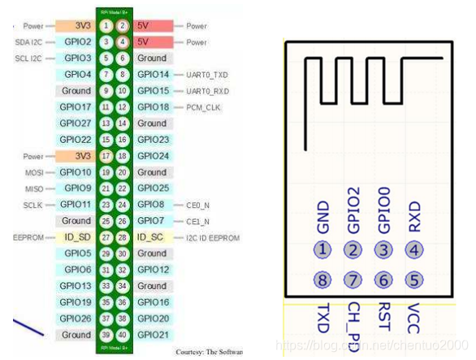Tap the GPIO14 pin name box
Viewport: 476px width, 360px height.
(x=153, y=75)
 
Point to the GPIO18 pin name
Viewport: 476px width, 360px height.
(x=153, y=107)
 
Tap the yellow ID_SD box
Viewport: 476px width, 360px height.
(x=77, y=237)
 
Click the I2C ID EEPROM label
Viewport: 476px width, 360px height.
(x=213, y=237)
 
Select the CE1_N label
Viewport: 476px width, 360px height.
(x=197, y=221)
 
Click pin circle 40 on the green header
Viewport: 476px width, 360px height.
(x=122, y=335)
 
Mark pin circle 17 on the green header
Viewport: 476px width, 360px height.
(x=106, y=156)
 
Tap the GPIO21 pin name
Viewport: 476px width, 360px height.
(x=153, y=335)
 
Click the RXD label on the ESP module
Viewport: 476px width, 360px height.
(x=415, y=216)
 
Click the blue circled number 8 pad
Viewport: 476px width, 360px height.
(x=323, y=280)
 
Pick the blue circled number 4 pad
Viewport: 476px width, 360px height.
(x=415, y=249)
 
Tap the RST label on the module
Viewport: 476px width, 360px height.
(x=384, y=315)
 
